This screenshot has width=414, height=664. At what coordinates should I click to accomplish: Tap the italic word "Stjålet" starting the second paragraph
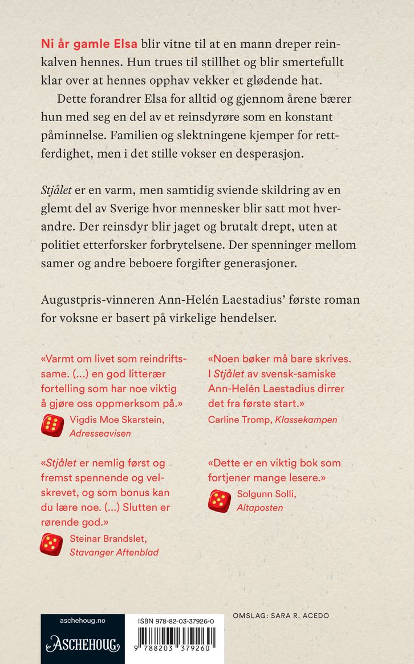(x=58, y=189)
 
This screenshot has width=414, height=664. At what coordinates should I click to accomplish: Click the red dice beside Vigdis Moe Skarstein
(x=52, y=425)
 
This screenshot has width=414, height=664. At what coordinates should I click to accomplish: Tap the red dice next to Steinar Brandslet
(x=51, y=545)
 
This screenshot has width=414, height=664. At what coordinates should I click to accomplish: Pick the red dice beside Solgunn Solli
(x=220, y=501)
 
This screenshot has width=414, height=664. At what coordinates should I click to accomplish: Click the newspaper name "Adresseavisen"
(x=100, y=433)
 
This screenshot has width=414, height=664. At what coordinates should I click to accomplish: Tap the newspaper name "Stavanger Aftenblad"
(x=114, y=552)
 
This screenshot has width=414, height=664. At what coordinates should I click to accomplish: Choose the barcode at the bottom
(x=177, y=638)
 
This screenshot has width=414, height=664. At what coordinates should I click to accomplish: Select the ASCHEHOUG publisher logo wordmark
(x=83, y=646)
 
